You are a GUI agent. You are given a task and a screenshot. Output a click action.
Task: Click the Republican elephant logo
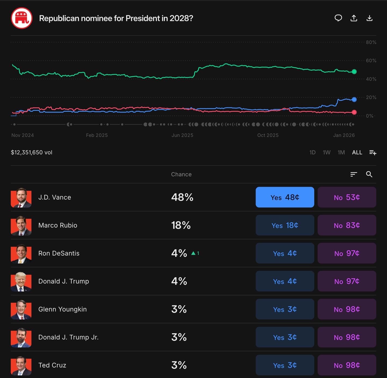pyautogui.click(x=22, y=18)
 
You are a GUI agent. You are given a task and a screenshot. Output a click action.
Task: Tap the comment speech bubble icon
pyautogui.click(x=338, y=18)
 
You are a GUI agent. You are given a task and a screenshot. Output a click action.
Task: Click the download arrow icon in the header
pyautogui.click(x=369, y=18)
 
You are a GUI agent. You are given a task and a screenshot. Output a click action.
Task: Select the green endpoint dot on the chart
pyautogui.click(x=354, y=72)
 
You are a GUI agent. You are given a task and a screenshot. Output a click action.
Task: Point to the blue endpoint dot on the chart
pyautogui.click(x=354, y=100)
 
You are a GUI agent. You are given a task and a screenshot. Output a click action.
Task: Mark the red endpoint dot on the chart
pyautogui.click(x=354, y=112)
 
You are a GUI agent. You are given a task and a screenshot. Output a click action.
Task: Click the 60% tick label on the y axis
pyautogui.click(x=371, y=61)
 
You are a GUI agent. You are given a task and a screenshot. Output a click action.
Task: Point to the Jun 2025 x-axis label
pyautogui.click(x=182, y=135)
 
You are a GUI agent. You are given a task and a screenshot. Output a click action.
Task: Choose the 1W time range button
pyautogui.click(x=327, y=153)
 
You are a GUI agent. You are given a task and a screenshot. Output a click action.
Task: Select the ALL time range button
pyautogui.click(x=357, y=153)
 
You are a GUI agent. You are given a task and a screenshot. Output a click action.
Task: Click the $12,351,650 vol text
pyautogui.click(x=32, y=153)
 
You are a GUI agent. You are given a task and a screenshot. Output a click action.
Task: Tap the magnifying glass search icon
pyautogui.click(x=369, y=174)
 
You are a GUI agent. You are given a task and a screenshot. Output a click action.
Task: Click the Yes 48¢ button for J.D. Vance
pyautogui.click(x=285, y=197)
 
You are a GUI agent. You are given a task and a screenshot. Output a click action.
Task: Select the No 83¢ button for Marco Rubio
pyautogui.click(x=347, y=225)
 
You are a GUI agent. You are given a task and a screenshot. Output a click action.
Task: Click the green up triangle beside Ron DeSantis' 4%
pyautogui.click(x=193, y=253)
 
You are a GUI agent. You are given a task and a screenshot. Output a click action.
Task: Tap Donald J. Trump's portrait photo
pyautogui.click(x=21, y=281)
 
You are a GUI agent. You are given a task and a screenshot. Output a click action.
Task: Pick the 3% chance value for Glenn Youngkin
pyautogui.click(x=179, y=309)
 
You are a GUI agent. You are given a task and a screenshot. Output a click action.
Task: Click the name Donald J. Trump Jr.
pyautogui.click(x=69, y=337)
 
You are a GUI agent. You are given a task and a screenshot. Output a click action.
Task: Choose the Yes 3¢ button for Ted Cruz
pyautogui.click(x=285, y=365)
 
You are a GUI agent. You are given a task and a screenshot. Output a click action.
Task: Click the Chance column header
pyautogui.click(x=181, y=174)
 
